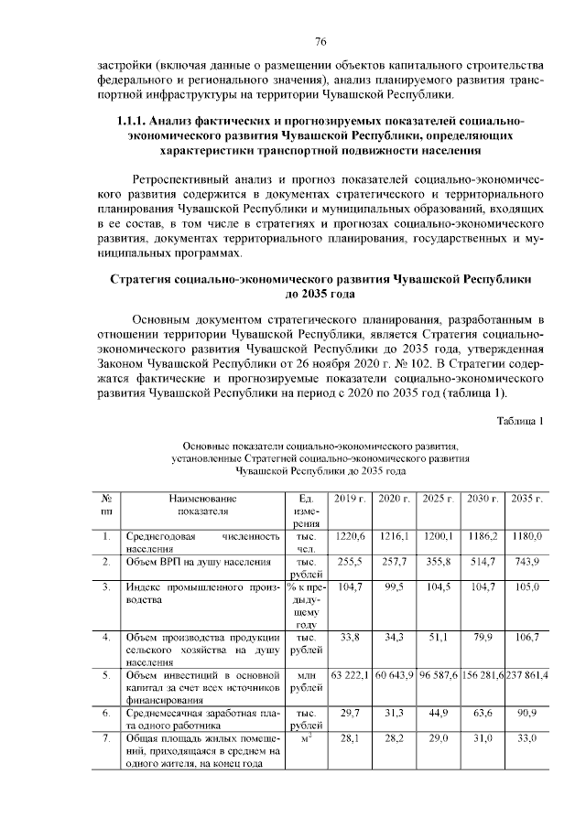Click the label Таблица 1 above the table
click(520, 421)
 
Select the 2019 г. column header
click(350, 498)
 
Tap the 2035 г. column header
click(527, 498)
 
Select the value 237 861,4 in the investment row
click(527, 674)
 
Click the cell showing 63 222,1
click(350, 674)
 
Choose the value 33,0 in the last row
click(527, 736)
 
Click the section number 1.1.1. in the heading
click(132, 121)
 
